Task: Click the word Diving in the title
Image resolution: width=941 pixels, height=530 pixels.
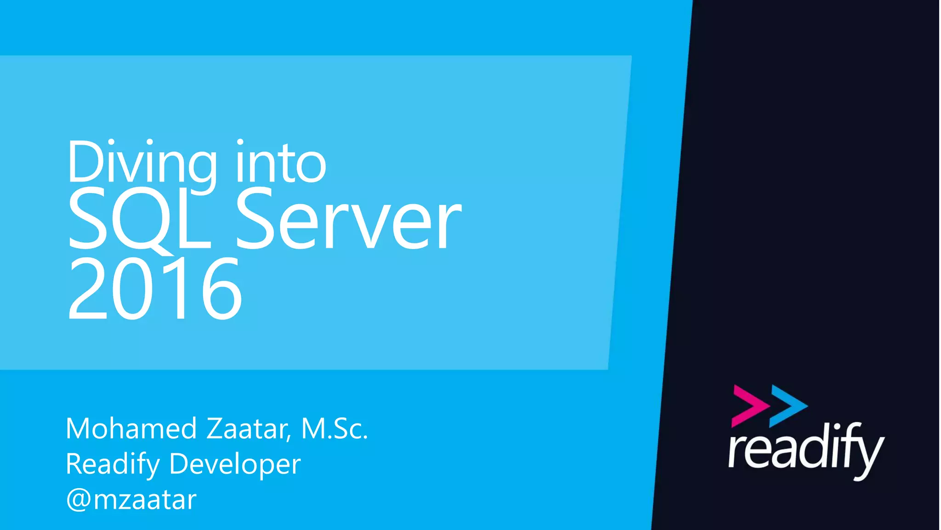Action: click(142, 163)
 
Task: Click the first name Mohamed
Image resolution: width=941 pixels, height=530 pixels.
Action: click(131, 428)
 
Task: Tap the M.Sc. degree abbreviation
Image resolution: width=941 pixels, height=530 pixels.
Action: click(334, 428)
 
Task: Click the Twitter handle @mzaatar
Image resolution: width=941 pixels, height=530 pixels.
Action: click(131, 500)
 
